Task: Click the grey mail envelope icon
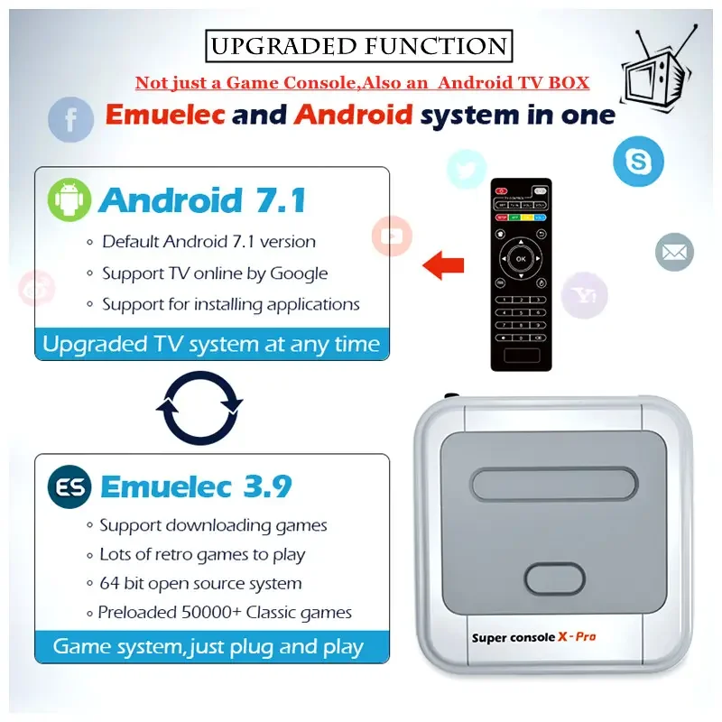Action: [674, 252]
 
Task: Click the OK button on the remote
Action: [521, 259]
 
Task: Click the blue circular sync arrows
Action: [199, 407]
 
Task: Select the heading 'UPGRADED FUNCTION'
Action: [358, 46]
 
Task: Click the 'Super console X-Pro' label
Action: [533, 637]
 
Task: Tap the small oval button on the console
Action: [556, 578]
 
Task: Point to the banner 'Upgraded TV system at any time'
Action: [211, 344]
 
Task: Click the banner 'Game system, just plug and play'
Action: [208, 646]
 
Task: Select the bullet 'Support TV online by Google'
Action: [215, 273]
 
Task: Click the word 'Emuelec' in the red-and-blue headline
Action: [164, 115]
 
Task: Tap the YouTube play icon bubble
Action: [392, 236]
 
